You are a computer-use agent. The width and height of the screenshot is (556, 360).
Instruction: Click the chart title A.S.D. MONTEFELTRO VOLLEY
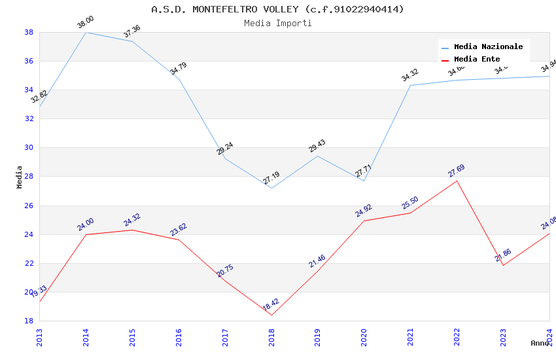[x=277, y=9]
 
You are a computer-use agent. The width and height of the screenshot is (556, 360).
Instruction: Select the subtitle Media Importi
[x=277, y=24]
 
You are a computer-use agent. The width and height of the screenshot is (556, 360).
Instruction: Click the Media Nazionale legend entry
[x=488, y=47]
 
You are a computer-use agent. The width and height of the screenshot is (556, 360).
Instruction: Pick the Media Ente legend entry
[x=477, y=60]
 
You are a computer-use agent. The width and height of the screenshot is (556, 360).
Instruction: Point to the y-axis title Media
[x=20, y=177]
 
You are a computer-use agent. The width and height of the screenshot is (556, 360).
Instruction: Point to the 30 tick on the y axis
[x=29, y=148]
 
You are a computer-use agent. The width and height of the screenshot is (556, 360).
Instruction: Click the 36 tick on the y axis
[x=29, y=62]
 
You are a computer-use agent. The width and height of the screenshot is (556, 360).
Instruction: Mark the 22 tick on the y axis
[x=29, y=264]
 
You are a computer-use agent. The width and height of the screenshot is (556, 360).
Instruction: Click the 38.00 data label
[x=86, y=22]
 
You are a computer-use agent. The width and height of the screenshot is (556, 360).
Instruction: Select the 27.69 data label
[x=457, y=171]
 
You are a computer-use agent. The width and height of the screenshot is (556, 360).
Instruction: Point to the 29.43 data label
[x=317, y=146]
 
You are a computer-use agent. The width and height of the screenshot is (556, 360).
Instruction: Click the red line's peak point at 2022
[x=457, y=181]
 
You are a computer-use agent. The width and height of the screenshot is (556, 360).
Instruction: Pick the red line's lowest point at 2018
[x=271, y=315]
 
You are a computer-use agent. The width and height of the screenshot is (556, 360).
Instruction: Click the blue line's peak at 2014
[x=86, y=32]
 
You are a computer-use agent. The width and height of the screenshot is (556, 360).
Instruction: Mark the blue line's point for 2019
[x=317, y=156]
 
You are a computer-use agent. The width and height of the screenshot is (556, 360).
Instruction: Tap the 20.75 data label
[x=225, y=271]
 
